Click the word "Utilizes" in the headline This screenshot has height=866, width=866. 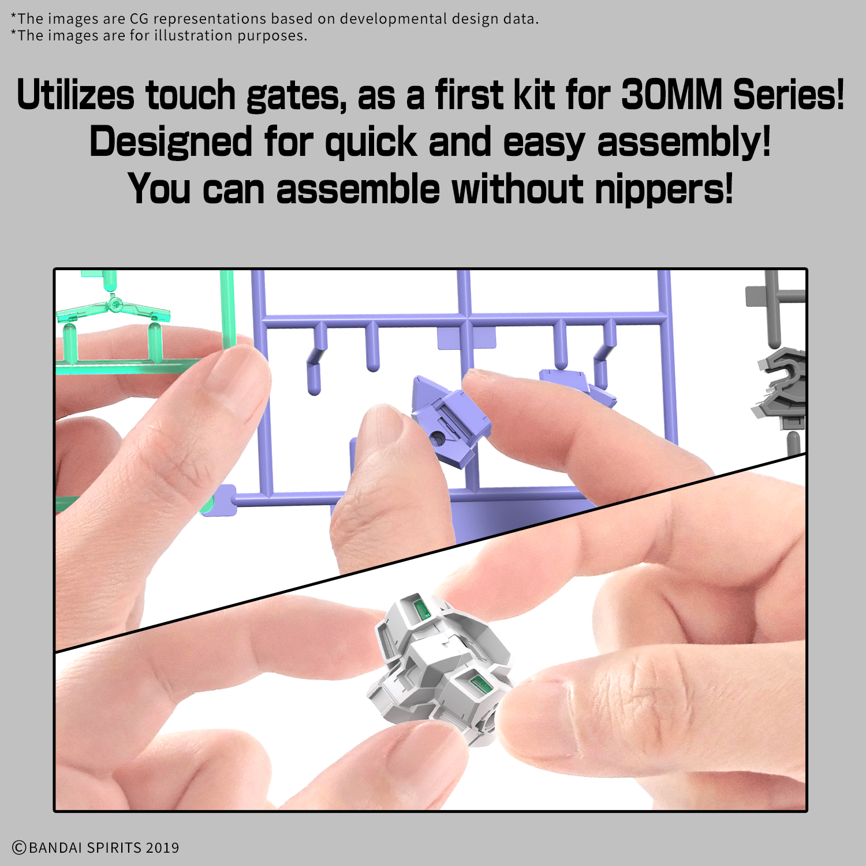[76, 95]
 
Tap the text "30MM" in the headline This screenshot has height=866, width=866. [671, 95]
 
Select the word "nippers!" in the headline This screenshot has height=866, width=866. [664, 189]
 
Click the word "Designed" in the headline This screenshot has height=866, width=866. [171, 143]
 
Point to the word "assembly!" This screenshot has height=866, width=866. [684, 143]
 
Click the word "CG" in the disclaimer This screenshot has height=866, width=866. [139, 19]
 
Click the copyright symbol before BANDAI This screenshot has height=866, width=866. [19, 848]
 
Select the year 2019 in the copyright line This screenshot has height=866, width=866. [162, 848]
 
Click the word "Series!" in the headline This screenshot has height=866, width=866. [789, 95]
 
